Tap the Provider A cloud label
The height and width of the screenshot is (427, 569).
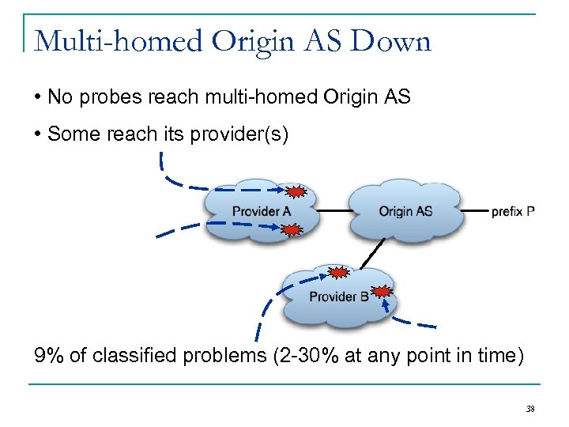pyautogui.click(x=261, y=211)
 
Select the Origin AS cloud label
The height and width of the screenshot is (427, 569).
pyautogui.click(x=405, y=211)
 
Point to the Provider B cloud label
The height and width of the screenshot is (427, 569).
pyautogui.click(x=339, y=297)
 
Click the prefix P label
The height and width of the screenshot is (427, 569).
pyautogui.click(x=513, y=211)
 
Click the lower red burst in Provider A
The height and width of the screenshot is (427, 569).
pyautogui.click(x=292, y=230)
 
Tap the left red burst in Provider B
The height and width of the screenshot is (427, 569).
pyautogui.click(x=337, y=273)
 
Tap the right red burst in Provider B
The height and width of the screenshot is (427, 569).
pyautogui.click(x=381, y=291)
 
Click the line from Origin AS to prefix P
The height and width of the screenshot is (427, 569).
pyautogui.click(x=474, y=211)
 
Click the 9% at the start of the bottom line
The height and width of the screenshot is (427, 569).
pyautogui.click(x=49, y=356)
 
